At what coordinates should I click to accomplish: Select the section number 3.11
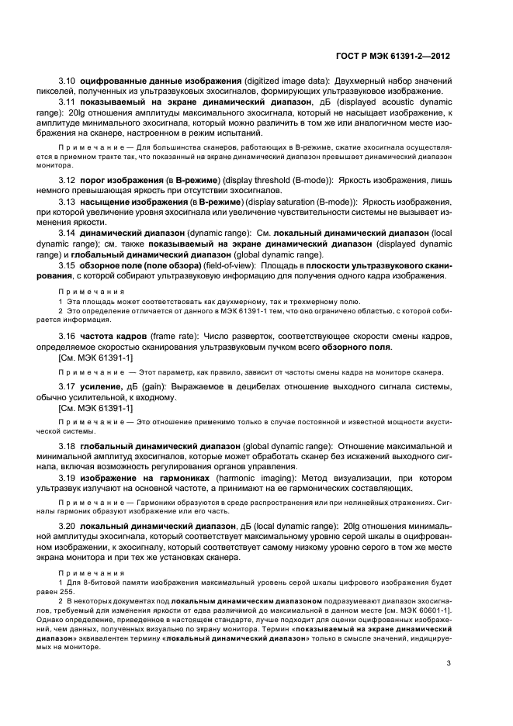click(68, 102)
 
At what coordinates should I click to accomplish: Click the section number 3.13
click(68, 201)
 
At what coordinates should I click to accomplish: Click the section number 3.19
click(68, 478)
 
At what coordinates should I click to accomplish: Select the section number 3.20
click(68, 527)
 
